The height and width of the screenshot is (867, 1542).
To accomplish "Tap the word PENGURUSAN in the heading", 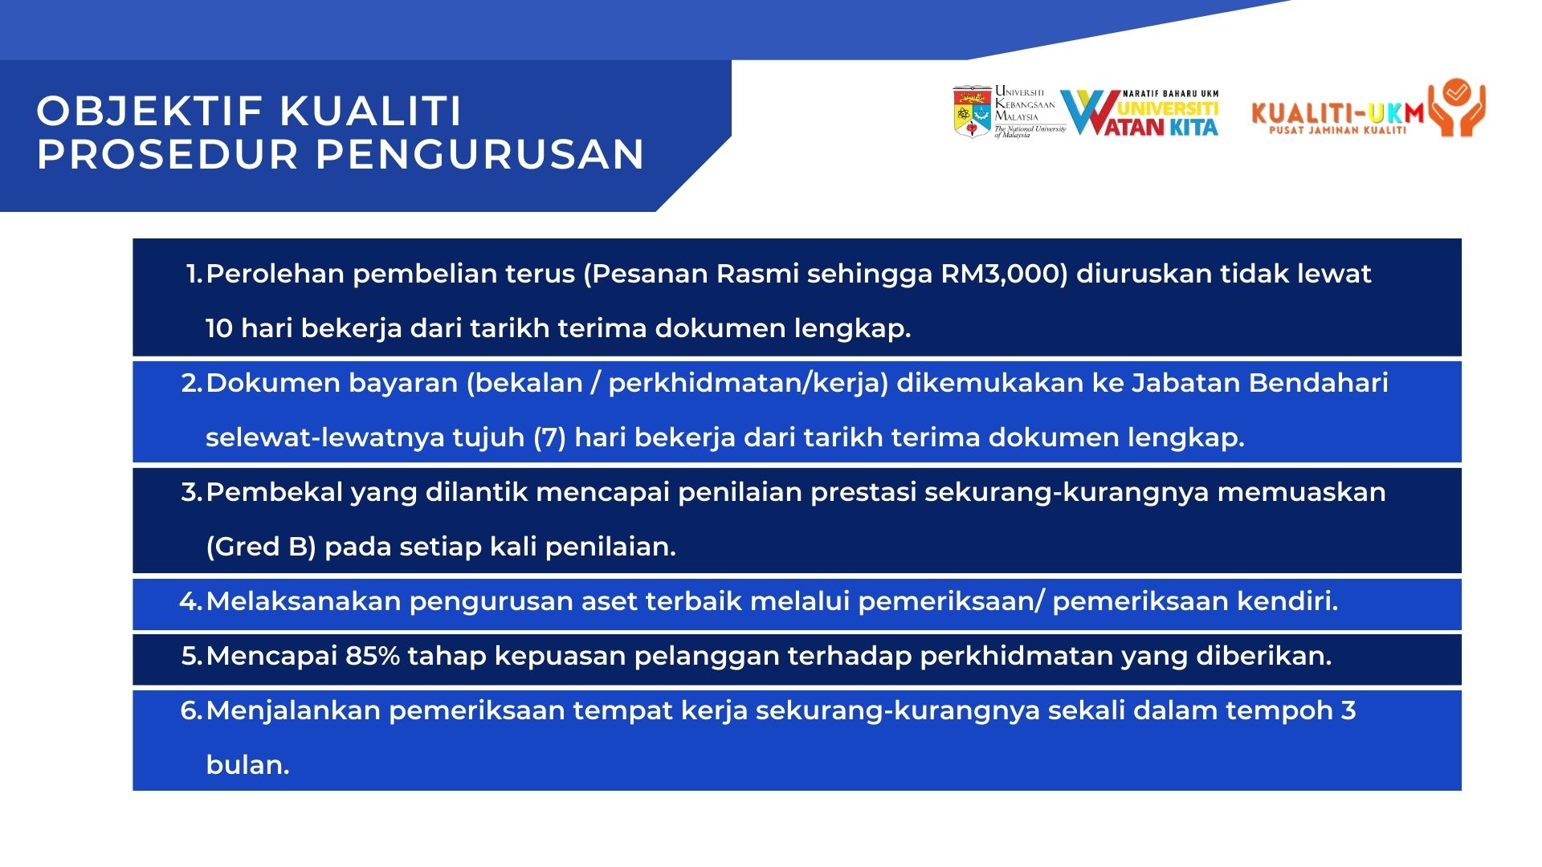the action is pyautogui.click(x=480, y=154).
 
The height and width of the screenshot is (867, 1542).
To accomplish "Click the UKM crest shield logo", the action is pyautogui.click(x=972, y=112).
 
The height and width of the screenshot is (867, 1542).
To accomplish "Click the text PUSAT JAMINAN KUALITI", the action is pyautogui.click(x=1337, y=130).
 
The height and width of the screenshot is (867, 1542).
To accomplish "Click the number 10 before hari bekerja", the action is pyautogui.click(x=219, y=328).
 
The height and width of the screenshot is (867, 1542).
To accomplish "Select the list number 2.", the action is pyautogui.click(x=191, y=383).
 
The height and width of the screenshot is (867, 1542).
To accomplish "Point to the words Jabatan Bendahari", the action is pyautogui.click(x=1260, y=383).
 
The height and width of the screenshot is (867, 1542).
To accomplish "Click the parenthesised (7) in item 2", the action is pyautogui.click(x=550, y=438).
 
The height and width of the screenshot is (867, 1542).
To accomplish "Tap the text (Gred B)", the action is pyautogui.click(x=261, y=547).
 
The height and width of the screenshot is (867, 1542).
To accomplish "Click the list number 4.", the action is pyautogui.click(x=190, y=601).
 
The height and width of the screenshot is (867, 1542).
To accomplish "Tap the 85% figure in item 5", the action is pyautogui.click(x=373, y=656).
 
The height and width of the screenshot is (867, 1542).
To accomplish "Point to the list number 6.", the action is pyautogui.click(x=191, y=710).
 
